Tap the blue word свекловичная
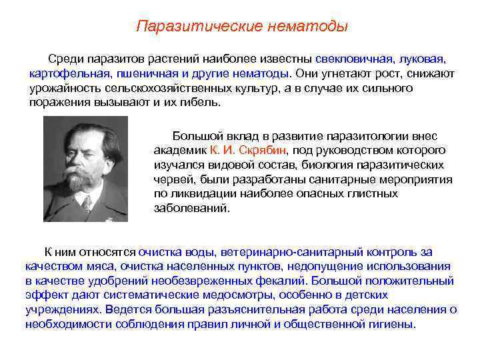353,59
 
